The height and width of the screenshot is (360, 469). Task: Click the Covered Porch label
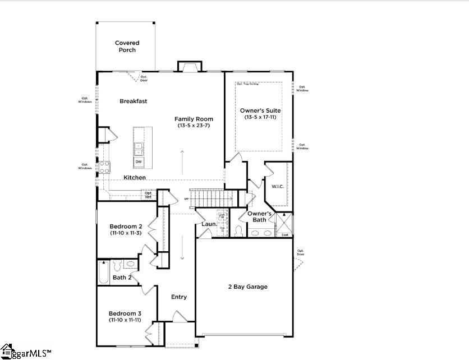(127, 47)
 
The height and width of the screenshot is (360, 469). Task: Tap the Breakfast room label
(133, 101)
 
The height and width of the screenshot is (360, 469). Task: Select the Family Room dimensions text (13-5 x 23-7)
(194, 126)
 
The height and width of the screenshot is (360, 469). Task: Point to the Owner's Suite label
(260, 110)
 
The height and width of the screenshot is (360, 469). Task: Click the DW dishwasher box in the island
(138, 162)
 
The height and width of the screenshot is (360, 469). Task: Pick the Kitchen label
(135, 178)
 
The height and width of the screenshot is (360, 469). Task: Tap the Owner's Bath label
(260, 216)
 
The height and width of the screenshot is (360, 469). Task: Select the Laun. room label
(209, 225)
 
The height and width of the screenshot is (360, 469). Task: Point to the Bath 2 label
(122, 278)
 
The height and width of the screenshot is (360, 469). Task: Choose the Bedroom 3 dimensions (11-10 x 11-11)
(125, 320)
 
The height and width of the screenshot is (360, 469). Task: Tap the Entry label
(179, 297)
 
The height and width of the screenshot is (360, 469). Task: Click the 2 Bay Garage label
(247, 287)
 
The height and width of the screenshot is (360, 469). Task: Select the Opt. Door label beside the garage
(301, 252)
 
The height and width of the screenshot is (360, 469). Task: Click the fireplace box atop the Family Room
(190, 67)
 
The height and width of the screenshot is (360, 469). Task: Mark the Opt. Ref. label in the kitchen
(148, 195)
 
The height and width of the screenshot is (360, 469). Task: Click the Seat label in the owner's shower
(285, 235)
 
